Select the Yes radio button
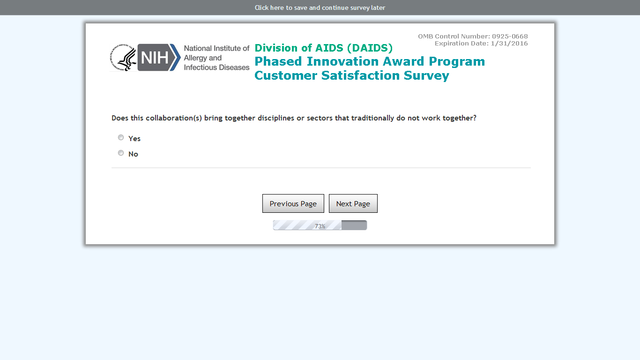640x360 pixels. tap(121, 137)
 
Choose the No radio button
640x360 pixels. tap(121, 153)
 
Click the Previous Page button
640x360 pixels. tap(293, 203)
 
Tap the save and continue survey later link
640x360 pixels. tap(320, 7)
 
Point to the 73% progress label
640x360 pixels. tap(320, 226)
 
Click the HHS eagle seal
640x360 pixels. tap(123, 58)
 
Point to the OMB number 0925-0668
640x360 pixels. tap(510, 36)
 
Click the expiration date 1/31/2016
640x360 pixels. tap(509, 44)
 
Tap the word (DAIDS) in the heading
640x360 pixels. tap(370, 48)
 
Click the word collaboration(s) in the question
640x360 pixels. tap(174, 118)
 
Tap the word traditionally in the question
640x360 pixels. tap(372, 118)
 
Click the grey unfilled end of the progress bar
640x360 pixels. tap(354, 225)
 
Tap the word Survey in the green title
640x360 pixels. tap(426, 76)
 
